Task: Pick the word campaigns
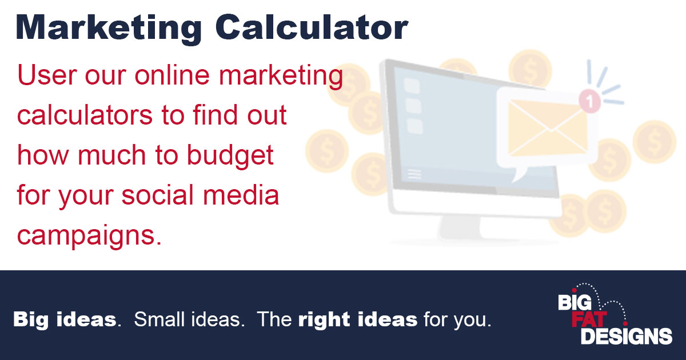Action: coord(86,235)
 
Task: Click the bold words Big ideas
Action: coord(65,319)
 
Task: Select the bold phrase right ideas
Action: coord(357,319)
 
